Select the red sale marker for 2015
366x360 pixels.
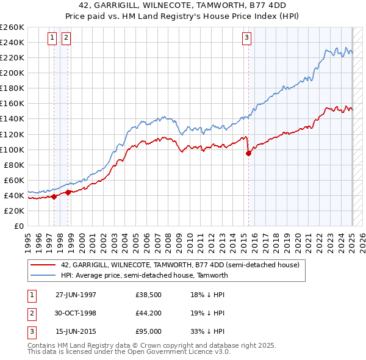point(249,153)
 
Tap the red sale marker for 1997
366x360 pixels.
point(54,196)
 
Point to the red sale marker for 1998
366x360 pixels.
point(68,192)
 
